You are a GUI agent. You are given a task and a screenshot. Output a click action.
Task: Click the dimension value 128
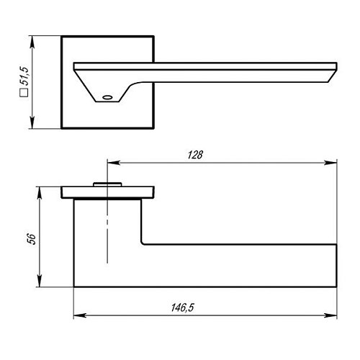click(x=195, y=155)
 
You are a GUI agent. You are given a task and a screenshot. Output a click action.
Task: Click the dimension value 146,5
click(x=182, y=307)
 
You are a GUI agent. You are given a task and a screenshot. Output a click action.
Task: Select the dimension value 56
click(x=32, y=238)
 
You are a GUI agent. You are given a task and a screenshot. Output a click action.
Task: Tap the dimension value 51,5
click(x=24, y=76)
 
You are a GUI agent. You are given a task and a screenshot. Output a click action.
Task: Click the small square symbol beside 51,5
click(x=24, y=93)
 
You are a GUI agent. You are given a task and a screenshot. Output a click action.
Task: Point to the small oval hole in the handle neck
click(x=107, y=97)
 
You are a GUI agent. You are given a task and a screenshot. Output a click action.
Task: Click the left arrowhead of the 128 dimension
click(x=113, y=163)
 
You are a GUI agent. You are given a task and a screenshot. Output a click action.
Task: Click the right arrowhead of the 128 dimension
click(x=330, y=163)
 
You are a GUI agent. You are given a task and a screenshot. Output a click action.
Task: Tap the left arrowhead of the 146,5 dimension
click(x=80, y=315)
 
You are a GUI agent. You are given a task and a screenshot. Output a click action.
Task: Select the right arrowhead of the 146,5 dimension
click(x=330, y=315)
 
